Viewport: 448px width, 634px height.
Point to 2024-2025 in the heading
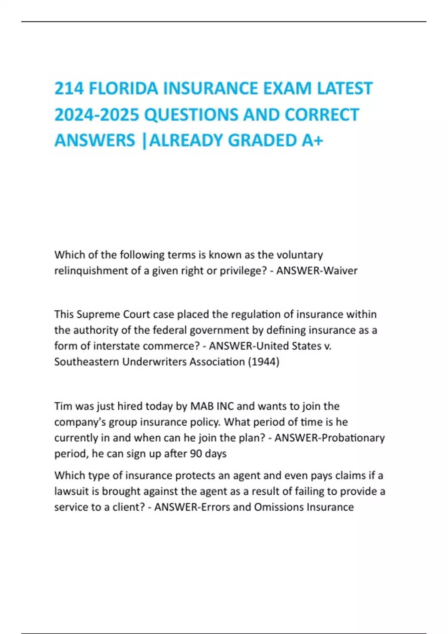(97, 115)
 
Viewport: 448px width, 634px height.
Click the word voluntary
(299, 255)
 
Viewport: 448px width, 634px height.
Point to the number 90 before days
(196, 454)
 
